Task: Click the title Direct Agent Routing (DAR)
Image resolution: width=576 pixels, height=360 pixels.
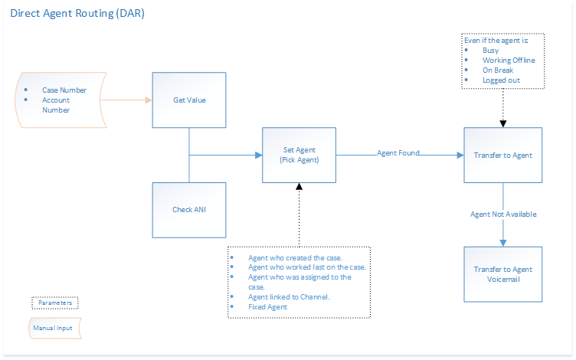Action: pyautogui.click(x=77, y=15)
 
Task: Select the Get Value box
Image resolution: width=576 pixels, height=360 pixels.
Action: pyautogui.click(x=189, y=100)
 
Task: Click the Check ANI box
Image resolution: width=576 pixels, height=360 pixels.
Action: pyautogui.click(x=189, y=209)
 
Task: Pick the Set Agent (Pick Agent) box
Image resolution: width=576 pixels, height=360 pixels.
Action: pyautogui.click(x=299, y=155)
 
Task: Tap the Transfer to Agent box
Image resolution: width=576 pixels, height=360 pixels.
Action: pyautogui.click(x=502, y=155)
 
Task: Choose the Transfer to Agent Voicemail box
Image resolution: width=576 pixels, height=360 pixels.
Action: pyautogui.click(x=502, y=274)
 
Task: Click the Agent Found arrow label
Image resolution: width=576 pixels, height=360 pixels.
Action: pyautogui.click(x=398, y=153)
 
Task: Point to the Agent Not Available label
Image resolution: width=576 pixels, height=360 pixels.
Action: pyautogui.click(x=503, y=214)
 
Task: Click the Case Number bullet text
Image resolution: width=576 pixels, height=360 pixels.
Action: pyautogui.click(x=64, y=90)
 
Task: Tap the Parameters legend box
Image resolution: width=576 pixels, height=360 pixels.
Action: pyautogui.click(x=55, y=303)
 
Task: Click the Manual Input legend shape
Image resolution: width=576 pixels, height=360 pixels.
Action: pyautogui.click(x=55, y=329)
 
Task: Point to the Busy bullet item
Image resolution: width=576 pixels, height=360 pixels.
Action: pyautogui.click(x=490, y=51)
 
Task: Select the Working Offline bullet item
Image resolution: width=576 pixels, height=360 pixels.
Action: pyautogui.click(x=509, y=61)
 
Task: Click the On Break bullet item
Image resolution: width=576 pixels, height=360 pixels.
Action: pyautogui.click(x=497, y=70)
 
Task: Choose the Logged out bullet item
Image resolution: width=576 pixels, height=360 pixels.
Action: pyautogui.click(x=501, y=80)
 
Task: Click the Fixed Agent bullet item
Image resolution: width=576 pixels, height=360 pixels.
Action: pyautogui.click(x=267, y=307)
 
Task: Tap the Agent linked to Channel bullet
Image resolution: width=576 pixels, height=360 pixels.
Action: pyautogui.click(x=289, y=297)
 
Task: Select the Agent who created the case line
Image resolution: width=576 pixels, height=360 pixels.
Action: pyautogui.click(x=296, y=257)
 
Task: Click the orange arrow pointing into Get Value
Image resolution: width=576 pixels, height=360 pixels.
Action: pyautogui.click(x=126, y=100)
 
